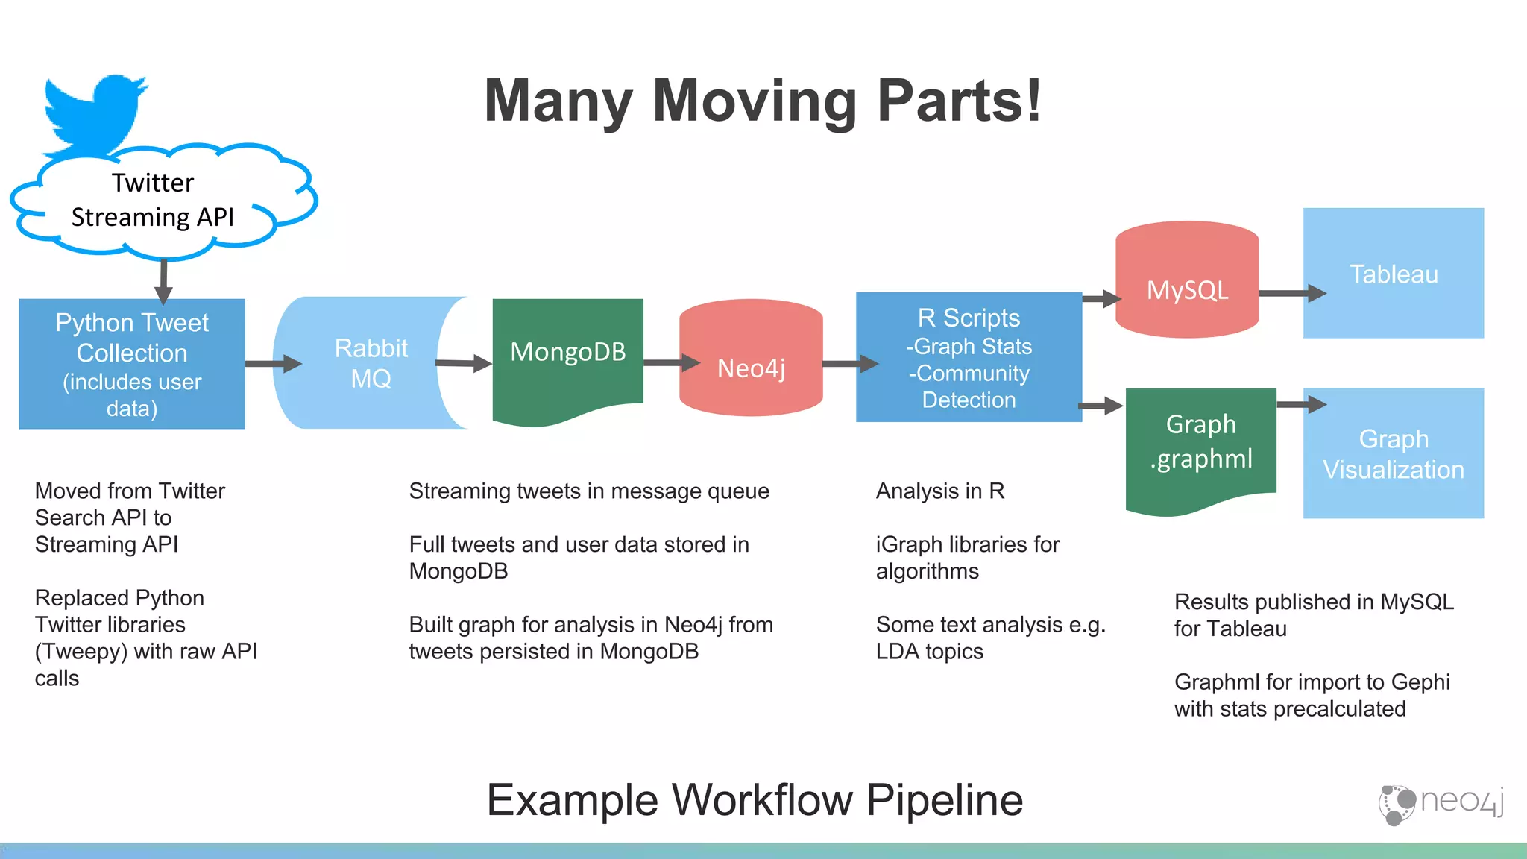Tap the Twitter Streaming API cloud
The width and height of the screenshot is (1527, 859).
pos(153,200)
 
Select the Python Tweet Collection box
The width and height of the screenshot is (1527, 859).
pos(132,364)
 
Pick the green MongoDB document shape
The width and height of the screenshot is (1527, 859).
pos(567,354)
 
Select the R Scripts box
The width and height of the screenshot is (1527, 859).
pos(969,357)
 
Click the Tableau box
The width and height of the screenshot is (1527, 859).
pos(1393,273)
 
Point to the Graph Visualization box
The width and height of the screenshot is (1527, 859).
pos(1393,453)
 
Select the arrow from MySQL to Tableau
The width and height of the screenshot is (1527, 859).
pos(1291,293)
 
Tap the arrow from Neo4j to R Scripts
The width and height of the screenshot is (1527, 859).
pos(850,364)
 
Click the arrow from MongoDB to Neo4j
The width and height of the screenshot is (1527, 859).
pos(671,363)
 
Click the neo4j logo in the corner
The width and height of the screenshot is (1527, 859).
pos(1441,803)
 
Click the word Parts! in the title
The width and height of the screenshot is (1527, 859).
pos(959,101)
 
